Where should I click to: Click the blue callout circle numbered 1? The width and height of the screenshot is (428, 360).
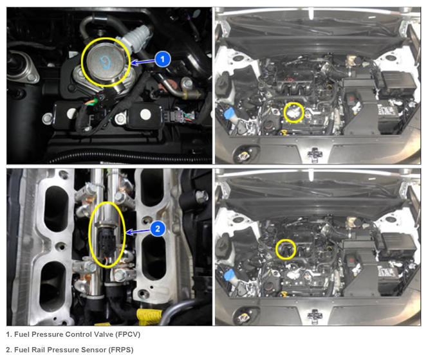pos(163,59)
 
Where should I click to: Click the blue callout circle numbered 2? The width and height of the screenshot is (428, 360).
pos(158,229)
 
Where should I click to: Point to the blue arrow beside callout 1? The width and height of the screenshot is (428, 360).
pos(143,62)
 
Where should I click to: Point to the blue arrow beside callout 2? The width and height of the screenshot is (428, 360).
pos(138,232)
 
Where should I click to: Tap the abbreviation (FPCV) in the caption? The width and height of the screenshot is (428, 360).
pos(127,334)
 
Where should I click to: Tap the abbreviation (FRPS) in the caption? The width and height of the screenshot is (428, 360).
pos(120,350)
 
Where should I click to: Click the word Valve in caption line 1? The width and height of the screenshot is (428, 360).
pos(104,334)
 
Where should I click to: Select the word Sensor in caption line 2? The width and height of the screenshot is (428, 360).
pos(93,350)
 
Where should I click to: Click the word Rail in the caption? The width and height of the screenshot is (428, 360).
pos(38,350)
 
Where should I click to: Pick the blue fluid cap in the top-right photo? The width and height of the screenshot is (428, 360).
pos(229,113)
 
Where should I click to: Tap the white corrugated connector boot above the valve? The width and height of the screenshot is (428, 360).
pos(136,37)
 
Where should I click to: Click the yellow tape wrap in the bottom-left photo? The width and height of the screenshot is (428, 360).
pos(149,317)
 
